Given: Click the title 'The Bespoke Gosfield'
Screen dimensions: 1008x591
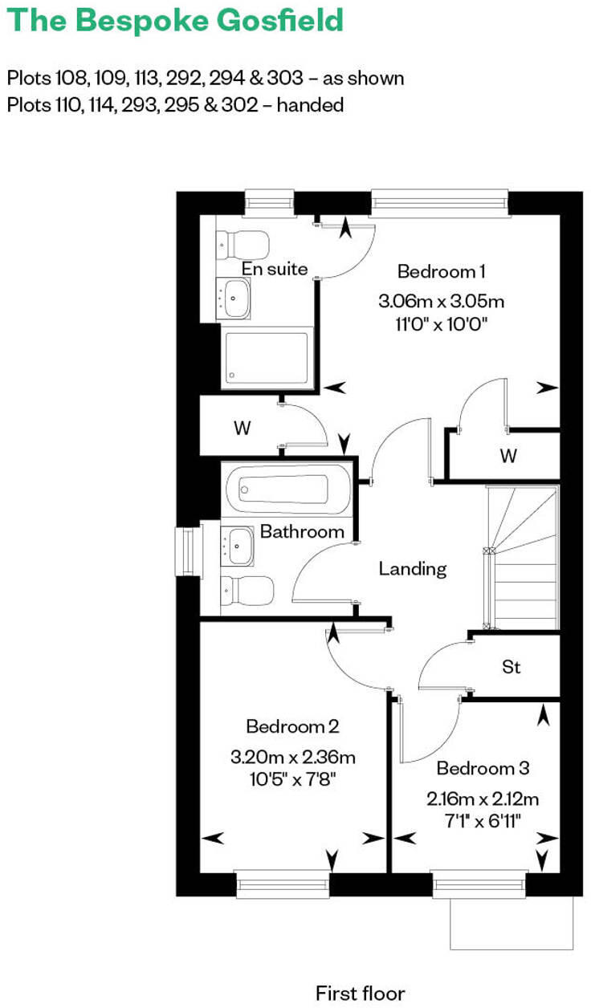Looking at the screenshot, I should pos(174,21).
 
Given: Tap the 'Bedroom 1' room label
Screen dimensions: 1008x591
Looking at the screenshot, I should pos(441,271).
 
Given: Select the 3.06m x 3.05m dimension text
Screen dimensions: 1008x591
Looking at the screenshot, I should pos(441,302).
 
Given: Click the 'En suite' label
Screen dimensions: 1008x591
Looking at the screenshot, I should pos(275,269).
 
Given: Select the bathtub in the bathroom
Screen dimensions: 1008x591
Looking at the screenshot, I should pos(287,489).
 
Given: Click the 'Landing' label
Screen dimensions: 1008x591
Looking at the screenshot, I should pos(412,569).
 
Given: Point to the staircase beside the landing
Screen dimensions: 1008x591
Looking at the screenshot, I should pos(524,558).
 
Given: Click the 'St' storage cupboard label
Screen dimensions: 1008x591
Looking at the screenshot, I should pos(511,666).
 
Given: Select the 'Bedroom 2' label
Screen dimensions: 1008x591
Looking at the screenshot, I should pos(292,726).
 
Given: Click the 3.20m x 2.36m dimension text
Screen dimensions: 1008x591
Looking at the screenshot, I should pos(292,757).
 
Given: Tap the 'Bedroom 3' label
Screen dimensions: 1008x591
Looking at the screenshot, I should pos(483,768).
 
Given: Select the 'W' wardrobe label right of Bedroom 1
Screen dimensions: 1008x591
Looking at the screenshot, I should pos(507,456).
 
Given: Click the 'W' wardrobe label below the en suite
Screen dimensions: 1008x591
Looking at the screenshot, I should pos(242,428).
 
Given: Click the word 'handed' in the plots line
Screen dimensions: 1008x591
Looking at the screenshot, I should pos(310,104).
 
